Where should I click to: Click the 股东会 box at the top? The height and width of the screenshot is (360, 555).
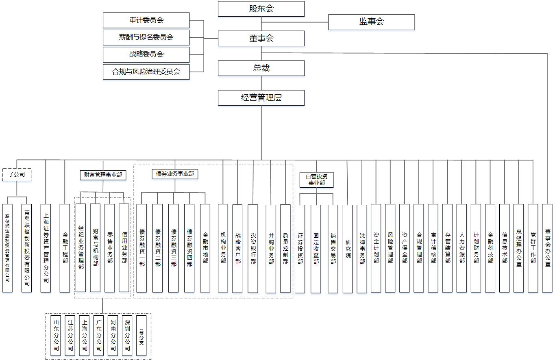click(261, 9)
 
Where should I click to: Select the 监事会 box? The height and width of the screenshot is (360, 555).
click(371, 22)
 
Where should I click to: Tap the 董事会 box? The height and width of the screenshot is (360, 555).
click(261, 38)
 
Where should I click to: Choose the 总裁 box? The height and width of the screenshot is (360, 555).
click(261, 68)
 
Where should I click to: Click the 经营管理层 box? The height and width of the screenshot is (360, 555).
click(261, 98)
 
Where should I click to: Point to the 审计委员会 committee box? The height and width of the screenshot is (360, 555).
click(146, 20)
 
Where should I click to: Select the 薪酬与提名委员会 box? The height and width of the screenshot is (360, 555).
click(146, 37)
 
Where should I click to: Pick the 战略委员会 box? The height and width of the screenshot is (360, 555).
click(146, 54)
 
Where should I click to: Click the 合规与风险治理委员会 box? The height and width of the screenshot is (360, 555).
click(146, 72)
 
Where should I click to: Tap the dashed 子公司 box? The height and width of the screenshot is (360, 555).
click(17, 175)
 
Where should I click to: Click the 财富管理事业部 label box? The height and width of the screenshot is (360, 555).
click(103, 175)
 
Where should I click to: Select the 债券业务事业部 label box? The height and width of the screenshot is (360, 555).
click(175, 174)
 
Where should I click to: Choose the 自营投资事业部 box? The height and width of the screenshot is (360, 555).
click(316, 180)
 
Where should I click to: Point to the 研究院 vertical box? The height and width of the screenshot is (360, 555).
click(348, 249)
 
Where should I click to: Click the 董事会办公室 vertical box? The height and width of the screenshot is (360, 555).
click(547, 248)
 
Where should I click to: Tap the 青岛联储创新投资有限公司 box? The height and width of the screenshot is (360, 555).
click(26, 248)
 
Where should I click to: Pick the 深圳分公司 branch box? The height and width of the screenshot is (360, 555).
click(127, 336)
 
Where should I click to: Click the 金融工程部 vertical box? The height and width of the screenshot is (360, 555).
click(65, 248)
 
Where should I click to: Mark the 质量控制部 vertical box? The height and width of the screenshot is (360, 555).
click(285, 249)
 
